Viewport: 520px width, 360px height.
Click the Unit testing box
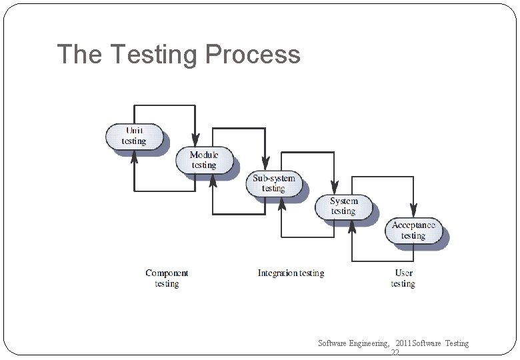(x=134, y=136)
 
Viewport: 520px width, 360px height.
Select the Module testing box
(x=204, y=160)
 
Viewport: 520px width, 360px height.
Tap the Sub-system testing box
(x=273, y=183)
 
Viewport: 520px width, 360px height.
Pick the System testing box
(x=343, y=206)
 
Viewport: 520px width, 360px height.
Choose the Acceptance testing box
(x=413, y=230)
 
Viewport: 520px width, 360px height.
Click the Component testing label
(x=167, y=278)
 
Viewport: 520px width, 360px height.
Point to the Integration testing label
(x=291, y=273)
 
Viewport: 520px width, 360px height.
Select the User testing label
(x=403, y=278)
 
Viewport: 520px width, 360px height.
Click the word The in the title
(x=79, y=54)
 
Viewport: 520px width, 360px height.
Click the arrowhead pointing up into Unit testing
(x=134, y=155)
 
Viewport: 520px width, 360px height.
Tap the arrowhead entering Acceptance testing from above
(x=413, y=211)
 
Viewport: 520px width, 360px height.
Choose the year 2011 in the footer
(x=403, y=343)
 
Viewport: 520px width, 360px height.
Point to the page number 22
(x=395, y=354)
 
